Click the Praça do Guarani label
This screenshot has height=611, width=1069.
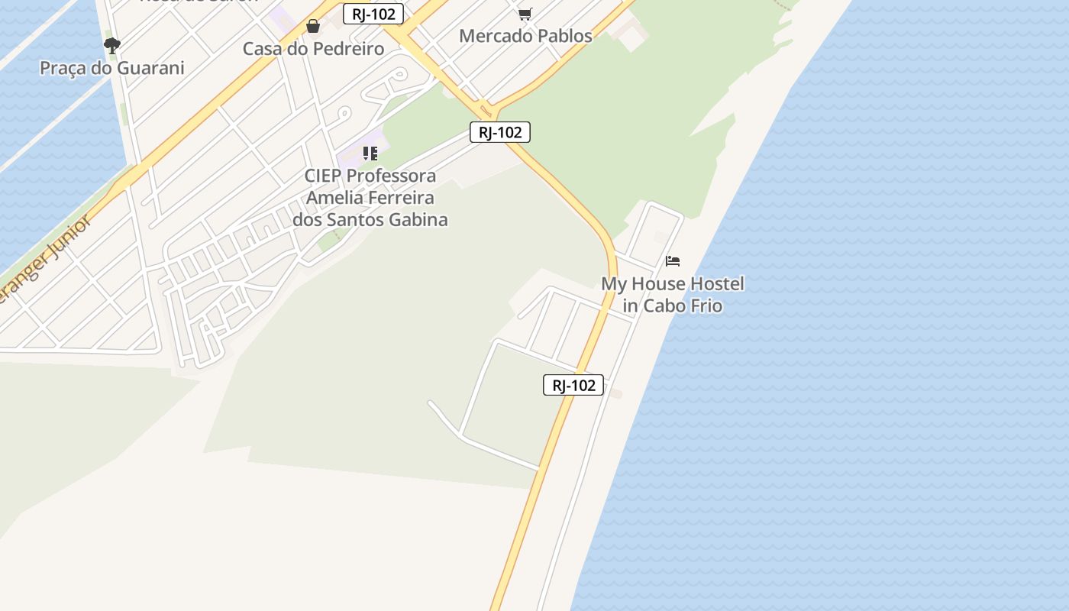[111, 68]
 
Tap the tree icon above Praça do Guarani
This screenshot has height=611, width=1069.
[112, 46]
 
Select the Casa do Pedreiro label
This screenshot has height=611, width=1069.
[313, 49]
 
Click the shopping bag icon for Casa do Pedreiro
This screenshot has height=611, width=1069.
[313, 27]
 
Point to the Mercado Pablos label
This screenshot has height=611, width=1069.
[525, 36]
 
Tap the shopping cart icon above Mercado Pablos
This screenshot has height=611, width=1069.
[525, 14]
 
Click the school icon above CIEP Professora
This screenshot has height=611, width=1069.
[370, 154]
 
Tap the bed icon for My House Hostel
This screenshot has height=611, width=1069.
[673, 261]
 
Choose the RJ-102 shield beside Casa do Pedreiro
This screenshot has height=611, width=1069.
[373, 14]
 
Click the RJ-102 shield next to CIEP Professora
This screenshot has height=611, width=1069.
[499, 132]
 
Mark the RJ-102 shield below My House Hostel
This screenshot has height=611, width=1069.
[573, 385]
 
